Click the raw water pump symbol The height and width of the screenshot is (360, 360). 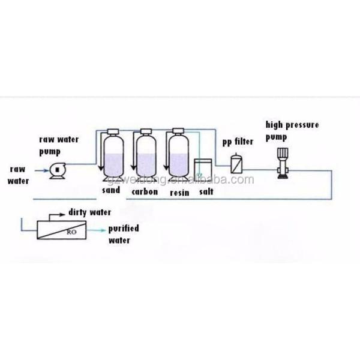(57, 170)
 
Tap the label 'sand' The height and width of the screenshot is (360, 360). (111, 191)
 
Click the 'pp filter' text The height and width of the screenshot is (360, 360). (236, 142)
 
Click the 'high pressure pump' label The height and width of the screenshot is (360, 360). (292, 130)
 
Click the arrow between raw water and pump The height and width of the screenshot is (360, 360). (38, 170)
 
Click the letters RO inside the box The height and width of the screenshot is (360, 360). (70, 229)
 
